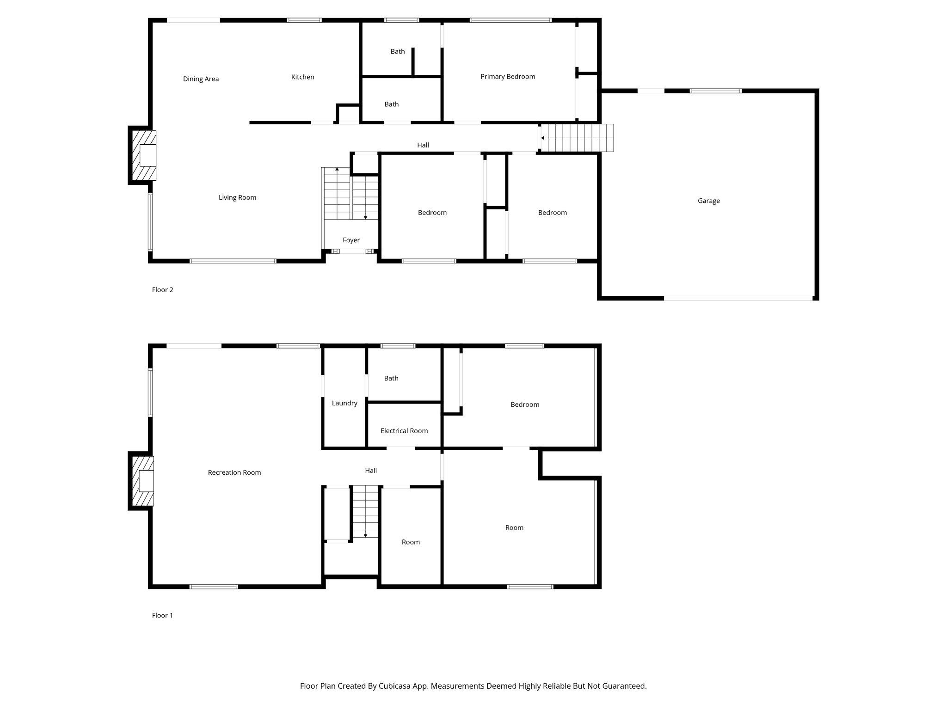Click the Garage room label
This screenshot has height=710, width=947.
click(708, 201)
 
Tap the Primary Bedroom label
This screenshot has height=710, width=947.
click(507, 77)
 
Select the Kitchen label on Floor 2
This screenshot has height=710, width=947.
click(302, 77)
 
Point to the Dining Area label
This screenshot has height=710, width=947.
click(201, 79)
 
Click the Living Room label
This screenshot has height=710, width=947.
click(237, 198)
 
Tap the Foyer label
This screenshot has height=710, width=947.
click(351, 240)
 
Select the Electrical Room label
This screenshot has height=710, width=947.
click(404, 431)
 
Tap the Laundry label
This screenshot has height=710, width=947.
click(344, 403)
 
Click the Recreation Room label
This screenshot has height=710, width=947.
click(234, 472)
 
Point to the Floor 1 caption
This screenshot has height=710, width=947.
click(162, 615)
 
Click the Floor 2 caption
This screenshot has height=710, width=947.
click(162, 290)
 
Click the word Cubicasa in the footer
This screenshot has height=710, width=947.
click(395, 686)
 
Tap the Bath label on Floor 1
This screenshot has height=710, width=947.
click(391, 378)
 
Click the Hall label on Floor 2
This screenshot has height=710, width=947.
click(423, 145)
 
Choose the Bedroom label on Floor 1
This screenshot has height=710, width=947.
click(524, 404)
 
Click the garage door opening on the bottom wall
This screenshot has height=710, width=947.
click(738, 298)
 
